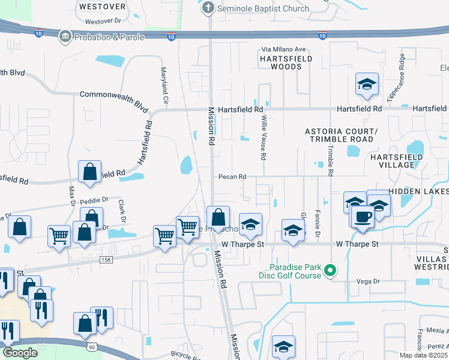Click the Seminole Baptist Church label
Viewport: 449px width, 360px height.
263,8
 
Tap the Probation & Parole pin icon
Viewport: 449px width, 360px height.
64,37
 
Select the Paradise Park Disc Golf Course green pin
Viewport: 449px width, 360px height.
329,272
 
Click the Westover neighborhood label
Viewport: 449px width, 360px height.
103,7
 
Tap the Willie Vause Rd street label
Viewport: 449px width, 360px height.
262,138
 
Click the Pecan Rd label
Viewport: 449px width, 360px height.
233,176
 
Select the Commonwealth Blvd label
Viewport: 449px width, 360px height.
114,99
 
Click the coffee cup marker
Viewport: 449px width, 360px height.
363,217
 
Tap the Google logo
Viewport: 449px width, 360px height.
19,353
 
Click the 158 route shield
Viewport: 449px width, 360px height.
106,259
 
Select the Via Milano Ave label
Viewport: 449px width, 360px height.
283,50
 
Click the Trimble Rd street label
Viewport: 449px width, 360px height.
330,157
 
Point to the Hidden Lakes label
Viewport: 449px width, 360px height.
418,191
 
